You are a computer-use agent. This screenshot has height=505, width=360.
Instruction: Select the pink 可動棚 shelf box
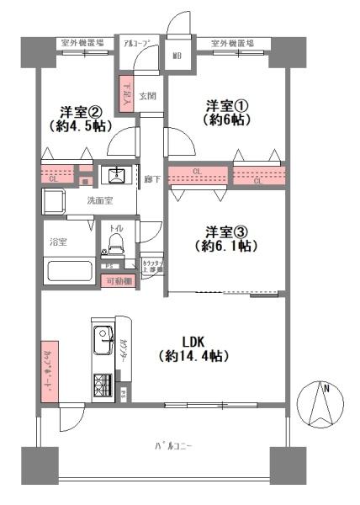119,281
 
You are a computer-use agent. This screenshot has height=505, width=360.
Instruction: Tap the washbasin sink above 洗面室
114,176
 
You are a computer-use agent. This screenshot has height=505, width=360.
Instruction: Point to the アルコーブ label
135,42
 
